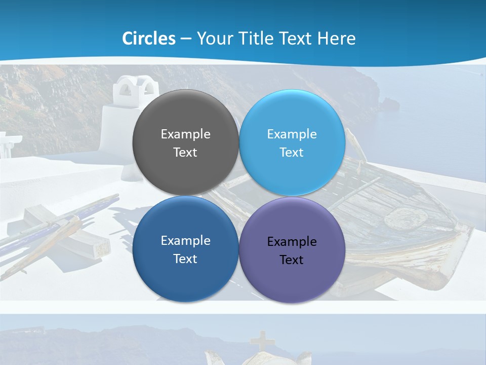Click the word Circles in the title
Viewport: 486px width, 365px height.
(149, 39)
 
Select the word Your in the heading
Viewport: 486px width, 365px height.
(214, 39)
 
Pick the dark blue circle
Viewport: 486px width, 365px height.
(186, 274)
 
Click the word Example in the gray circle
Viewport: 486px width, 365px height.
(186, 134)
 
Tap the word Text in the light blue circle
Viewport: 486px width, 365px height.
(292, 153)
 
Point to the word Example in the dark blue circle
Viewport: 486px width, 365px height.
(186, 241)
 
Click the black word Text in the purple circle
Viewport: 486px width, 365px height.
(292, 260)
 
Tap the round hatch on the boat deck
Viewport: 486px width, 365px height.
(406, 217)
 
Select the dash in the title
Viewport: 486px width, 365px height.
(186, 39)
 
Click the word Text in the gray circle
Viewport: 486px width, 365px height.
(185, 153)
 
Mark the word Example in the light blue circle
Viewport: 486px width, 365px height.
(292, 134)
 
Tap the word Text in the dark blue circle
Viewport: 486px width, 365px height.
(185, 259)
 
